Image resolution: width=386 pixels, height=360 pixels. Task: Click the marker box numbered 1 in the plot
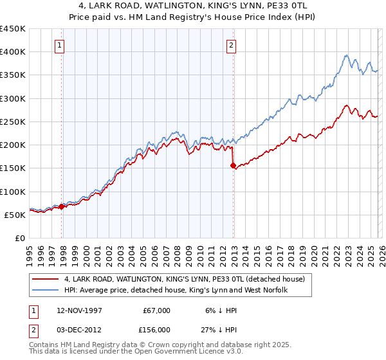(x=59, y=45)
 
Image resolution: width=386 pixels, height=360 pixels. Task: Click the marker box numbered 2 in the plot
(x=230, y=45)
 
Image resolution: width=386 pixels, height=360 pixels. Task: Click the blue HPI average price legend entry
(x=175, y=291)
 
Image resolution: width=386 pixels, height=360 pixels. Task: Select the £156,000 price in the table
(x=156, y=328)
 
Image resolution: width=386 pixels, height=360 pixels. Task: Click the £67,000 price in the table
(x=156, y=310)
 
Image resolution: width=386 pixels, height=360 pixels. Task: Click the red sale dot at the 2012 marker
(x=233, y=165)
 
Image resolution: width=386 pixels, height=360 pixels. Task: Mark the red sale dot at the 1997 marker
(x=62, y=207)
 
